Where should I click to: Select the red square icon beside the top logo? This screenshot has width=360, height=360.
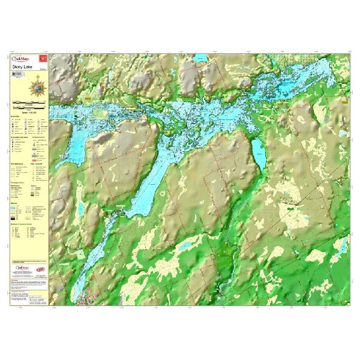pyautogui.click(x=42, y=58)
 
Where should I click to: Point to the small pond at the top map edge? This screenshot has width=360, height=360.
pyautogui.click(x=202, y=59)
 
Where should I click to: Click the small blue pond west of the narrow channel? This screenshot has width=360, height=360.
pyautogui.click(x=79, y=253)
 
